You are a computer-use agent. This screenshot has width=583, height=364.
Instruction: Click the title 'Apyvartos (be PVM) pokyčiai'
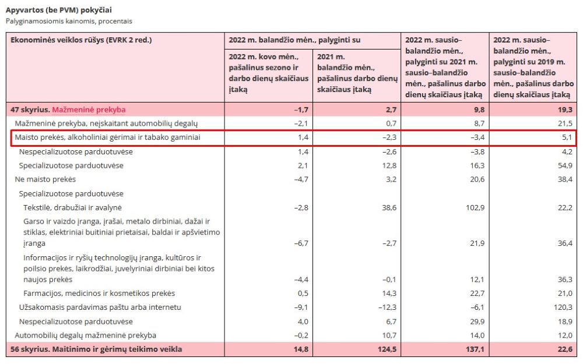pos(58,10)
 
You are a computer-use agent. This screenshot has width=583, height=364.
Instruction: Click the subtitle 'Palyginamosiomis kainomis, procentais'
pos(69,21)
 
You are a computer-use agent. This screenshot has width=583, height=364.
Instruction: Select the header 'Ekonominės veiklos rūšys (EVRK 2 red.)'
pos(81,40)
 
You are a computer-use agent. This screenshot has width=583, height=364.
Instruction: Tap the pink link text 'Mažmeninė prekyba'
pos(89,109)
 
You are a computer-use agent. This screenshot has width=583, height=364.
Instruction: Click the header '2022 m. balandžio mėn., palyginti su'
pos(294,40)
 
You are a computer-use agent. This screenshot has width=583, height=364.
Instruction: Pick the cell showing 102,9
pos(475,208)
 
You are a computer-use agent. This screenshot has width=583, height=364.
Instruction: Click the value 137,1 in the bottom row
pos(476,349)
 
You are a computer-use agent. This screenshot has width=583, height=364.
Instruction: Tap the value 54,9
pos(565,165)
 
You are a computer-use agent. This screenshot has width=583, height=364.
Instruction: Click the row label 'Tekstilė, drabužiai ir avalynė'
pos(72,208)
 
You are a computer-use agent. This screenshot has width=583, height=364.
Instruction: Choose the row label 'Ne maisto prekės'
pos(45,179)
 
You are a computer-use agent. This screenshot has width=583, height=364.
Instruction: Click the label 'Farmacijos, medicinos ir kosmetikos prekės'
pos(99,294)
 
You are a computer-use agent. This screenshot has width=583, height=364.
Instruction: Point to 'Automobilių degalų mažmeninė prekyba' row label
pos(86,335)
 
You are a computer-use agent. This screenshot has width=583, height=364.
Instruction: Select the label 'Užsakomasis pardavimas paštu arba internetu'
pos(100,307)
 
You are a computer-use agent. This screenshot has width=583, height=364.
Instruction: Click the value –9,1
pos(301,307)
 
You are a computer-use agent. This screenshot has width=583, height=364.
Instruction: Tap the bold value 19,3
pos(565,109)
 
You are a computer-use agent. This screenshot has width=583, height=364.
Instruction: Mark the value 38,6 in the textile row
pos(389,208)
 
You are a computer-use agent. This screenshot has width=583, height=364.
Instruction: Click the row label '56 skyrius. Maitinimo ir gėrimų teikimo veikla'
pos(96,349)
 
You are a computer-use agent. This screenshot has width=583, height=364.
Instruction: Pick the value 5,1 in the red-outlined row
pos(567,137)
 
